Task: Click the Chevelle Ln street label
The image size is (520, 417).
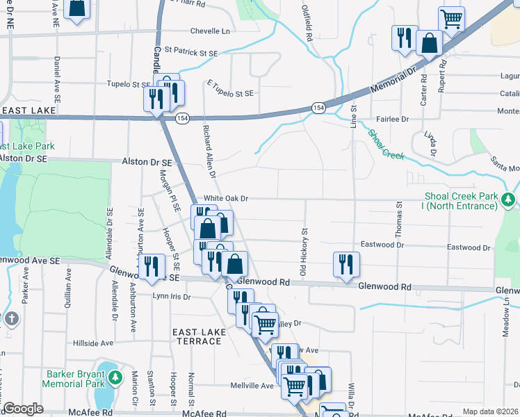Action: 210,31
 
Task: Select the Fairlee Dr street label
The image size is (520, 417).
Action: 393,119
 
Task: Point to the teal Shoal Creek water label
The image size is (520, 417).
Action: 386,144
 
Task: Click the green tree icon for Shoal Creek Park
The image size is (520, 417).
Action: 509,200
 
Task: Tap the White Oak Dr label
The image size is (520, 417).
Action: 225,199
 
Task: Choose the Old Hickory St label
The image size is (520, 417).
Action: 303,250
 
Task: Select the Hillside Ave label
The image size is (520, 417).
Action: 92,343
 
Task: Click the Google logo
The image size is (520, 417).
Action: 23,409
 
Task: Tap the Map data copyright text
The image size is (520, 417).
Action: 491,411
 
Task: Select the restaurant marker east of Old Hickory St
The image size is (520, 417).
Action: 346,265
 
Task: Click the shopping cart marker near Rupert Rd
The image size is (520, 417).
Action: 451,19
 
